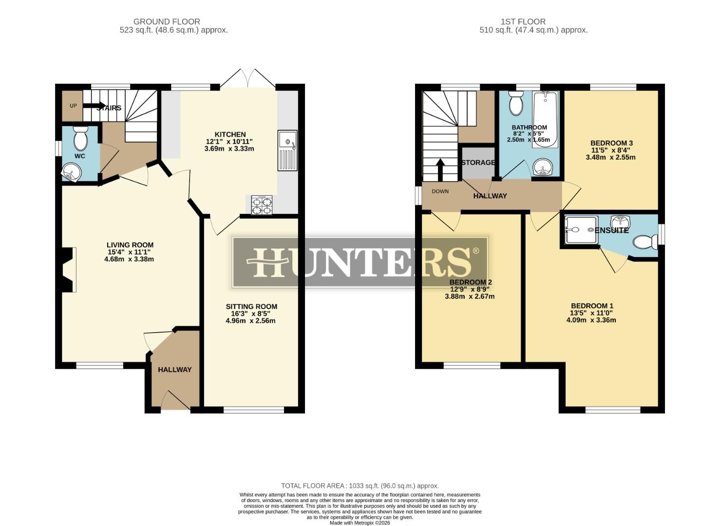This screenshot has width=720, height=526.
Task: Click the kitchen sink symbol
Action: click(x=287, y=150)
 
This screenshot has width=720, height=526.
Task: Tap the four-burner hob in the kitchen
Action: click(x=262, y=205)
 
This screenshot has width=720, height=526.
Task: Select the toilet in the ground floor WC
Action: click(x=80, y=139)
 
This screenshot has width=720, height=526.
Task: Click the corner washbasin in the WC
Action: click(x=71, y=172)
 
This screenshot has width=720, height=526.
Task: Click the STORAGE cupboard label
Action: click(x=478, y=162)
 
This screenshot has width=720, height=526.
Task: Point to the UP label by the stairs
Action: click(x=73, y=106)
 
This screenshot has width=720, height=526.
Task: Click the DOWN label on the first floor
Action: click(x=440, y=191)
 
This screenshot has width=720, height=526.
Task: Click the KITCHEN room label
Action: click(x=230, y=134)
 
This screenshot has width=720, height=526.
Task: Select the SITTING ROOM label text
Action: click(x=251, y=306)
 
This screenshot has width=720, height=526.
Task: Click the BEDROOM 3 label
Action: click(x=611, y=143)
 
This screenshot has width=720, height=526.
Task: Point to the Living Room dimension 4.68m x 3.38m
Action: click(x=129, y=259)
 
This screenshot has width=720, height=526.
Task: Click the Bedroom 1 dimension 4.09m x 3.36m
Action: click(x=591, y=320)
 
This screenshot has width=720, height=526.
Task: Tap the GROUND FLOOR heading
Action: click(x=167, y=21)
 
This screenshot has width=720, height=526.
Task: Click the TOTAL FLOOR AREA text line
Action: click(x=360, y=486)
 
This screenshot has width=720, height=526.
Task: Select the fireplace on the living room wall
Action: click(x=68, y=270)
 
